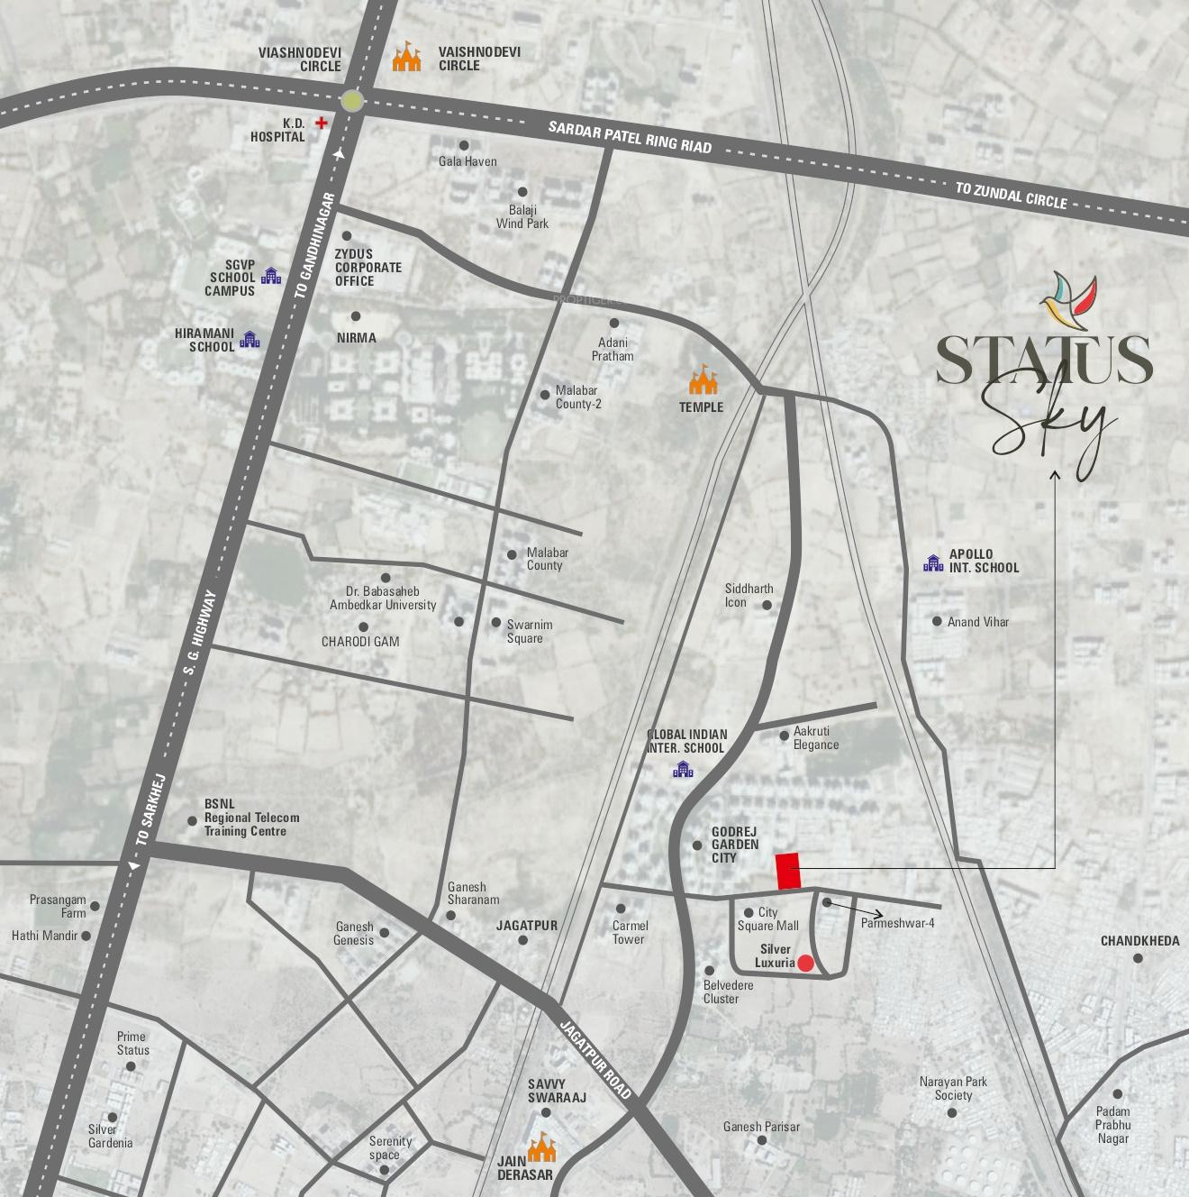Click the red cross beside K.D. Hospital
tap(321, 122)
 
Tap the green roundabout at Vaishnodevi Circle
tap(352, 100)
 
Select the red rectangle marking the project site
tap(788, 871)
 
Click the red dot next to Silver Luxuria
tap(806, 964)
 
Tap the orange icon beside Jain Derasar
tap(542, 1147)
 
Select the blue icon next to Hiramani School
tap(250, 340)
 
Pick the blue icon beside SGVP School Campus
tap(270, 277)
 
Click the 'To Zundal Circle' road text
tap(1012, 195)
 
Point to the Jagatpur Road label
tap(597, 1058)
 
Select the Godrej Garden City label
tap(735, 845)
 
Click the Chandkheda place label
tap(1139, 941)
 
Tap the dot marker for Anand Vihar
tap(937, 621)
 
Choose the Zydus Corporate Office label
tap(368, 268)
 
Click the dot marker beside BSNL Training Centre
tap(192, 820)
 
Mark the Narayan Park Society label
tap(953, 1088)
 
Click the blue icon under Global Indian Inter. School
tap(684, 769)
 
